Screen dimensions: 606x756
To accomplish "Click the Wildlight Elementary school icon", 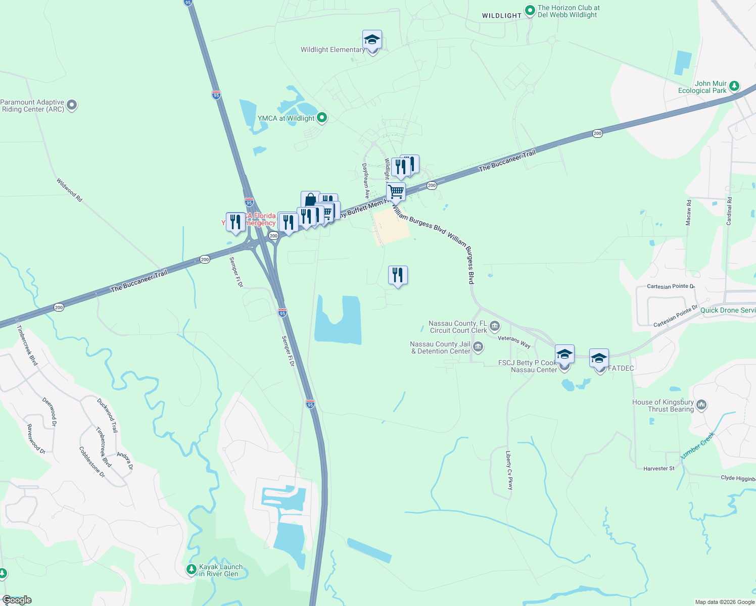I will (x=372, y=39).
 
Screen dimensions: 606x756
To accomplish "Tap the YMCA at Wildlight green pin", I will (x=321, y=118).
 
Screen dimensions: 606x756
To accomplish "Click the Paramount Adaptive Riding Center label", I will (x=33, y=106).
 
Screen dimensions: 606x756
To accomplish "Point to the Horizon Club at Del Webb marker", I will (x=530, y=10).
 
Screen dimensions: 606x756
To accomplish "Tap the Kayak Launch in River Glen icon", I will (x=191, y=570).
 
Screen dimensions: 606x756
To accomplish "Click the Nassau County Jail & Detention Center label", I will (x=441, y=347).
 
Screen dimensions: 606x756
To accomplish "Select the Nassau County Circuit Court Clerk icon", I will (x=495, y=326).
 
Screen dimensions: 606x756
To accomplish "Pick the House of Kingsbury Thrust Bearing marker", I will (x=701, y=405).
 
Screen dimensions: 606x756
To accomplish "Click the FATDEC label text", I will (x=621, y=368).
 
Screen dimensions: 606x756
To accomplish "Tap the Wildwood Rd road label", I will (x=69, y=190).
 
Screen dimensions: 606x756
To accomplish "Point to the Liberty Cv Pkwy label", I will (x=509, y=470).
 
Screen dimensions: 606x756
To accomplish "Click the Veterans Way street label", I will (x=514, y=341).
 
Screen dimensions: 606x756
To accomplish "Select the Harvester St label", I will (x=658, y=469).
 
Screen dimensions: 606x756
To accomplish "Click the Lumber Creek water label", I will (x=698, y=445).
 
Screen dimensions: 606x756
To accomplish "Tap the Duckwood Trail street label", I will (x=107, y=415).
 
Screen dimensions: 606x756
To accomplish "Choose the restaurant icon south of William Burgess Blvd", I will (x=398, y=275).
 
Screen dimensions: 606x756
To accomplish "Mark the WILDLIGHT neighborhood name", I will (x=501, y=16).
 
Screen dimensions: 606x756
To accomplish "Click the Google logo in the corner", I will (x=17, y=600).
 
